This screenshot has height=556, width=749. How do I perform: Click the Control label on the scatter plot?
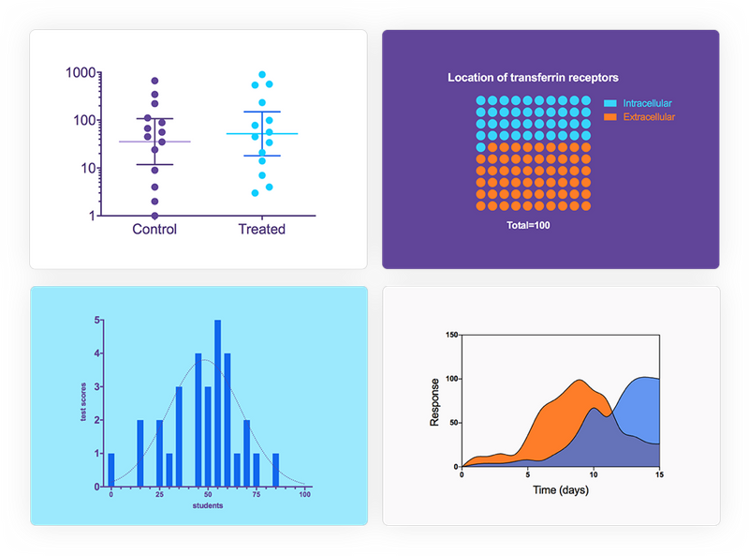[154, 229]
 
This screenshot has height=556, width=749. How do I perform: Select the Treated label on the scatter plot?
[261, 229]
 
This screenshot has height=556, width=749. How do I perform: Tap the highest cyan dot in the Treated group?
[262, 75]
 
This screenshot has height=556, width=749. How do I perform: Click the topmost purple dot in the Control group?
[154, 82]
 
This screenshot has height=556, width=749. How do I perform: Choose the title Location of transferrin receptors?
[533, 78]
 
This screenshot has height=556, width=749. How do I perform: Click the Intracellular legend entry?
[647, 103]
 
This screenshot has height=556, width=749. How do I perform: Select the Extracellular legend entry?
[648, 117]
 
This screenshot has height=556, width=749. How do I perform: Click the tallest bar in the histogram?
[217, 403]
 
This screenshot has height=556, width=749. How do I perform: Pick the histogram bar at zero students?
[111, 470]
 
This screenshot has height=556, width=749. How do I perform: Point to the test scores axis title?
[83, 403]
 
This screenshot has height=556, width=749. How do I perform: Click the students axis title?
[208, 506]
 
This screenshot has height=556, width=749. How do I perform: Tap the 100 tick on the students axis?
[305, 494]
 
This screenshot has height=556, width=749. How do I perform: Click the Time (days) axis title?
[560, 490]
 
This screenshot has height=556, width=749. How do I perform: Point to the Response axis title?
[434, 400]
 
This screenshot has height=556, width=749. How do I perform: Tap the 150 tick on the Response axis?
[451, 335]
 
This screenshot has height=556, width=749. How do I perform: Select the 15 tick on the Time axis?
[659, 474]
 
